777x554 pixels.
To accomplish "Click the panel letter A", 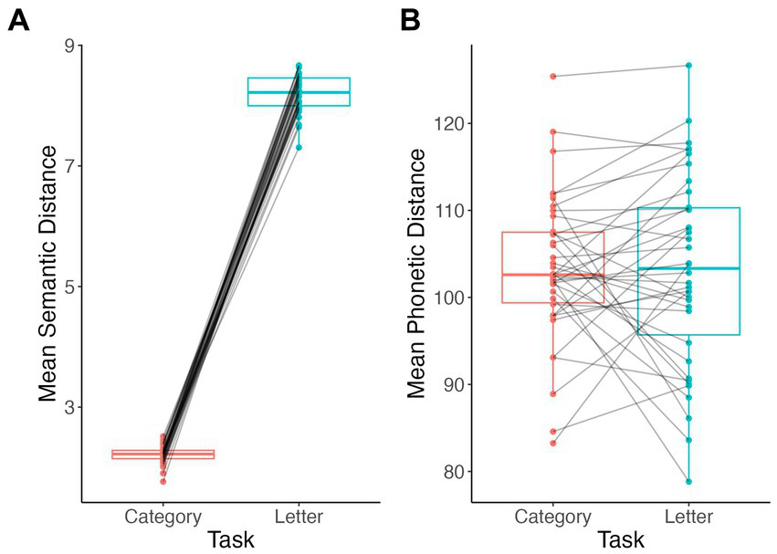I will point(18,21).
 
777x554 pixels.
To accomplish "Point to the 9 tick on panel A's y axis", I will point(69,46).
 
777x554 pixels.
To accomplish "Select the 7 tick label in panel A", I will point(69,166).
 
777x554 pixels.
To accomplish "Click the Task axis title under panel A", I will point(231,539).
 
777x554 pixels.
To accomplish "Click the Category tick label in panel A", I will point(163,517).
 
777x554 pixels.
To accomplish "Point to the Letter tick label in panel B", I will point(688,517).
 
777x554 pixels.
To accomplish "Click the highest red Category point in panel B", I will point(552,77).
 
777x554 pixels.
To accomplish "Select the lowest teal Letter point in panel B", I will point(688,481).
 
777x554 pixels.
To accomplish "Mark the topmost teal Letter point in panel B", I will point(688,66).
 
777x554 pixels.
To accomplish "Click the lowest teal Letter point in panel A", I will point(299,147).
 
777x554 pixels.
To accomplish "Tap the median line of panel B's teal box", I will point(688,268).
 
